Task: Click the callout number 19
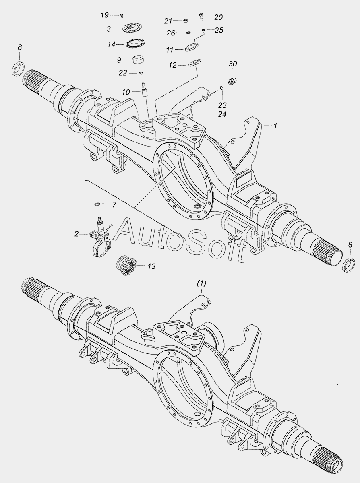click(x=105, y=15)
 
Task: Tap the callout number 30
click(x=233, y=64)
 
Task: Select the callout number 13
click(x=152, y=266)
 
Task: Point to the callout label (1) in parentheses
click(x=201, y=283)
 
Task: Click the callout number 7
click(x=114, y=204)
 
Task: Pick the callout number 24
click(x=222, y=114)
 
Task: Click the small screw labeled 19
click(x=122, y=15)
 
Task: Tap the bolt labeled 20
click(x=201, y=17)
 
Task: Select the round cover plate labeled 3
click(x=130, y=29)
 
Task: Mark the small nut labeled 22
click(x=141, y=72)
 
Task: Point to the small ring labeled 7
click(x=97, y=204)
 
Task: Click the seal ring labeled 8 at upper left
click(x=18, y=69)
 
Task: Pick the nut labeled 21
click(x=186, y=21)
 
